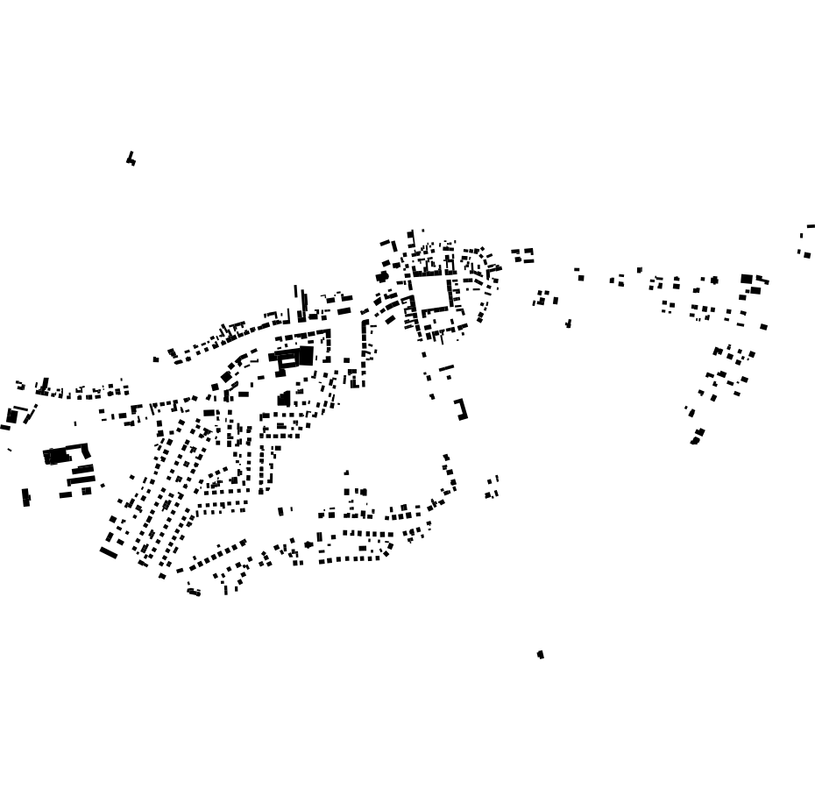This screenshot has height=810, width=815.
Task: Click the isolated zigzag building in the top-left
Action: click(131, 159)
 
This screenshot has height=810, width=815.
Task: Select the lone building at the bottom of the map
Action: click(541, 654)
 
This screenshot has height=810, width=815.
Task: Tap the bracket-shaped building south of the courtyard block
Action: click(461, 409)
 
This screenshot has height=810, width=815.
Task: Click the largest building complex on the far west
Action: click(59, 456)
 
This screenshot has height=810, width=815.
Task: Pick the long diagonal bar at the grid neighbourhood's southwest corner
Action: click(109, 552)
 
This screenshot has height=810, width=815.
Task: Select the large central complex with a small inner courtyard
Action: click(294, 358)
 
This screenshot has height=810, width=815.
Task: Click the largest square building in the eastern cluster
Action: click(747, 279)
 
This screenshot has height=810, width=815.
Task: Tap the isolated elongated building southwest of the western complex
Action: click(26, 497)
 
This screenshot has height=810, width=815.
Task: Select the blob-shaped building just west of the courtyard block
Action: click(382, 277)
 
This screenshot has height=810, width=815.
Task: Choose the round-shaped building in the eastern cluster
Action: click(714, 281)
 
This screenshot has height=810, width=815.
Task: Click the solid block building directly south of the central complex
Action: click(284, 399)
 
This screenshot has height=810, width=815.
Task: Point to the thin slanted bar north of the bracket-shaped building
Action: click(446, 367)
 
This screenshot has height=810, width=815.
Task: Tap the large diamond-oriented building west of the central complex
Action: click(227, 377)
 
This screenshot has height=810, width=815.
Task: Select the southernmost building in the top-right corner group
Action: click(806, 255)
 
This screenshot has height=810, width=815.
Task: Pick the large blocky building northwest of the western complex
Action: click(12, 416)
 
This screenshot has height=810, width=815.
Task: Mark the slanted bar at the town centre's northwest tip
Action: click(385, 242)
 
